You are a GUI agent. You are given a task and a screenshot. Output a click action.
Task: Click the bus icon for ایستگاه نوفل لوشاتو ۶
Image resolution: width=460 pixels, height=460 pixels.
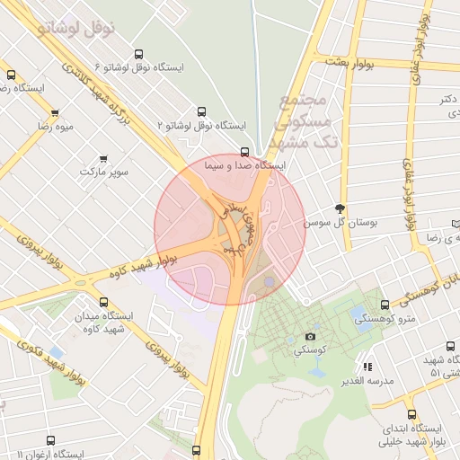137,55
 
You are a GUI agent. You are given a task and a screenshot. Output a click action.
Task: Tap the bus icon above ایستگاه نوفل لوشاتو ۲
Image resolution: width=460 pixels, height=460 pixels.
201,112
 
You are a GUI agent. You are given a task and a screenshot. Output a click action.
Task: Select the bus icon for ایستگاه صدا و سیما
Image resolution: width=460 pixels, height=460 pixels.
245,152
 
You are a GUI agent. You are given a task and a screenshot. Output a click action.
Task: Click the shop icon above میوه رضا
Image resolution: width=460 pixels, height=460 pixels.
55,113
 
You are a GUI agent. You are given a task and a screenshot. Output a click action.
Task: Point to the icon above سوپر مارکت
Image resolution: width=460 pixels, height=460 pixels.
103,158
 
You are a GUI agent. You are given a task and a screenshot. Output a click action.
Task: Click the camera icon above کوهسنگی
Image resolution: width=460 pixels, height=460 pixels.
311,336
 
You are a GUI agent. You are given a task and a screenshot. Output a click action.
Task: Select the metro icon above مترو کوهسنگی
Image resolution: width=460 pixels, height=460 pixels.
385,305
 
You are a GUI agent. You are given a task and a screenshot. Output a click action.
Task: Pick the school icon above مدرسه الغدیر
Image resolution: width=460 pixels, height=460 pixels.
367,367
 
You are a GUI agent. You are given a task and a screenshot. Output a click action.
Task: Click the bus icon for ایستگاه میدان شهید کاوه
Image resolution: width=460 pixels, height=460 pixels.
103,303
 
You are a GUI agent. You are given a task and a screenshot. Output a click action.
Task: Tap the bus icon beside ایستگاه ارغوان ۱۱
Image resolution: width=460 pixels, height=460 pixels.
49,441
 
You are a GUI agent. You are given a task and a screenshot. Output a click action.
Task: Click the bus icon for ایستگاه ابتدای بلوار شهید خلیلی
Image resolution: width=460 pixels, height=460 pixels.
412,415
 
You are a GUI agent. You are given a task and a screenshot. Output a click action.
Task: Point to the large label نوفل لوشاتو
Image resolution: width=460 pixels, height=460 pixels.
76,26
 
